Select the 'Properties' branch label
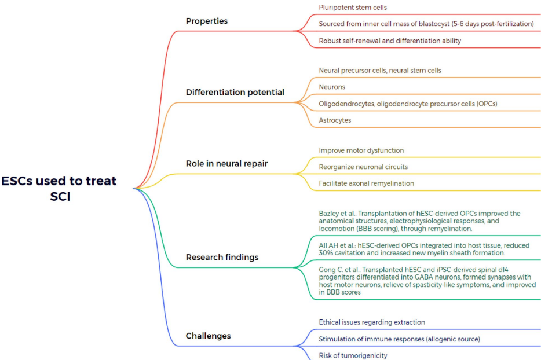206,21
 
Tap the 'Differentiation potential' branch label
235,93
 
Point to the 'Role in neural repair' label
226,164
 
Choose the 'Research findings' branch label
222,257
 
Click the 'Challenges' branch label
208,336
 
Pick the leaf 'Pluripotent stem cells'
353,8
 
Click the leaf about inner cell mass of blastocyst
426,24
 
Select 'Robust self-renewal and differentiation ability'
390,41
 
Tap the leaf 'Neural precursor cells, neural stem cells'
379,71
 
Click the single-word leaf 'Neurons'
332,87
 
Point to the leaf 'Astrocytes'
335,120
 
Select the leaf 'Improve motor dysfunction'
361,150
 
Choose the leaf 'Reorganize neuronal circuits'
363,167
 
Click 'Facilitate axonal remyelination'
366,183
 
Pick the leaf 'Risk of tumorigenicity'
353,355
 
